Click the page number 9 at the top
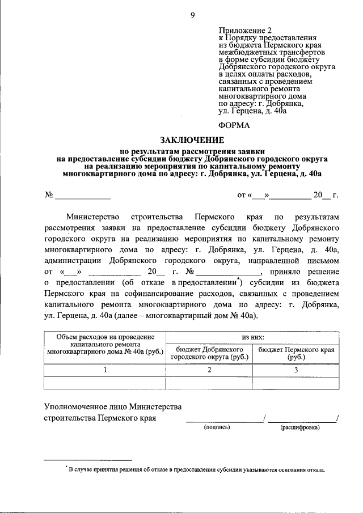192,16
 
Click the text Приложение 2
246,29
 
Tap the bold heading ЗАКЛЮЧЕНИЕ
192,140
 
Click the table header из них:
252,337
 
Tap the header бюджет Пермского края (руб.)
296,354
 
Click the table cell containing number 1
105,370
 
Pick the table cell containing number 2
209,370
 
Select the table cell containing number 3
296,370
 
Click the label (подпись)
217,427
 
